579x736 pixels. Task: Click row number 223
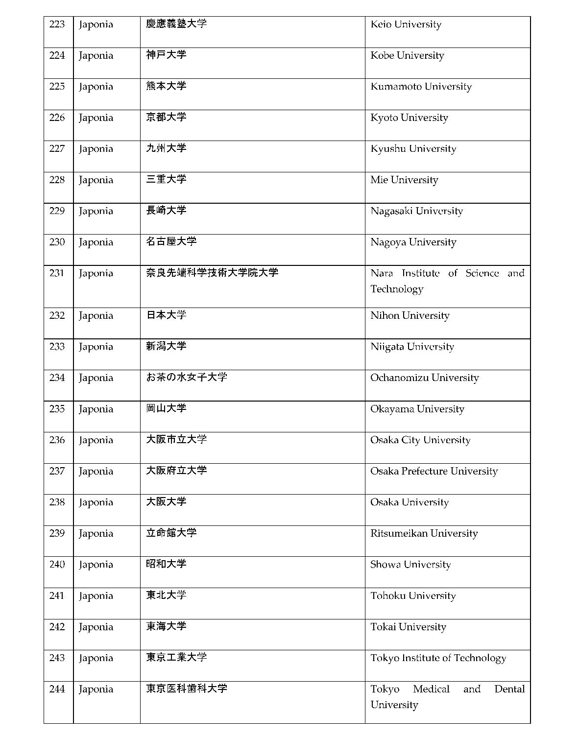57,24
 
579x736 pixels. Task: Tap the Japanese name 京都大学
166,118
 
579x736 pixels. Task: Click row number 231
57,273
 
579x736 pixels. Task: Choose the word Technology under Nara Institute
397,289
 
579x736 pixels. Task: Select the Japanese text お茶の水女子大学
187,378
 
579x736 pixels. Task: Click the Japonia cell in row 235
96,409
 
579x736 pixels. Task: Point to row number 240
57,565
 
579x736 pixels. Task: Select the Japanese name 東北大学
166,595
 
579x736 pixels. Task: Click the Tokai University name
408,627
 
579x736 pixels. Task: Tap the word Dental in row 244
509,689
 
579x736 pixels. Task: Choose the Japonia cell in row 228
96,180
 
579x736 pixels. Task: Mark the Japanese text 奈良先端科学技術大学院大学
212,273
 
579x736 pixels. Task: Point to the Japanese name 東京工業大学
176,658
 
